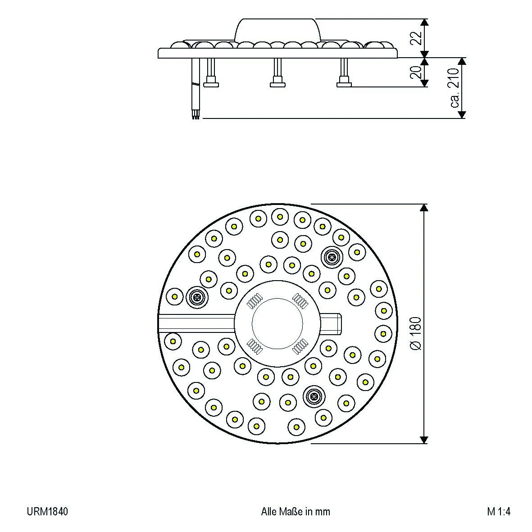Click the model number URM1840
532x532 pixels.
tap(47, 512)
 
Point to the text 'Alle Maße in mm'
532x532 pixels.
tap(296, 512)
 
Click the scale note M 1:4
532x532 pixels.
tap(498, 512)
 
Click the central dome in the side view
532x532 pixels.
tap(278, 30)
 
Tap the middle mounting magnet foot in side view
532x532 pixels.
tap(278, 83)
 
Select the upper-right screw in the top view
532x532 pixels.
tap(332, 257)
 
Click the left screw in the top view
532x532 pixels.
tap(196, 297)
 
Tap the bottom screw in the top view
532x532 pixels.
tap(313, 396)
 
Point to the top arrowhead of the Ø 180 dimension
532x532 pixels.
tap(423, 208)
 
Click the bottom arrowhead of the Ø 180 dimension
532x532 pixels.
tap(423, 439)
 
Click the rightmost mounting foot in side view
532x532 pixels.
tap(345, 83)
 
